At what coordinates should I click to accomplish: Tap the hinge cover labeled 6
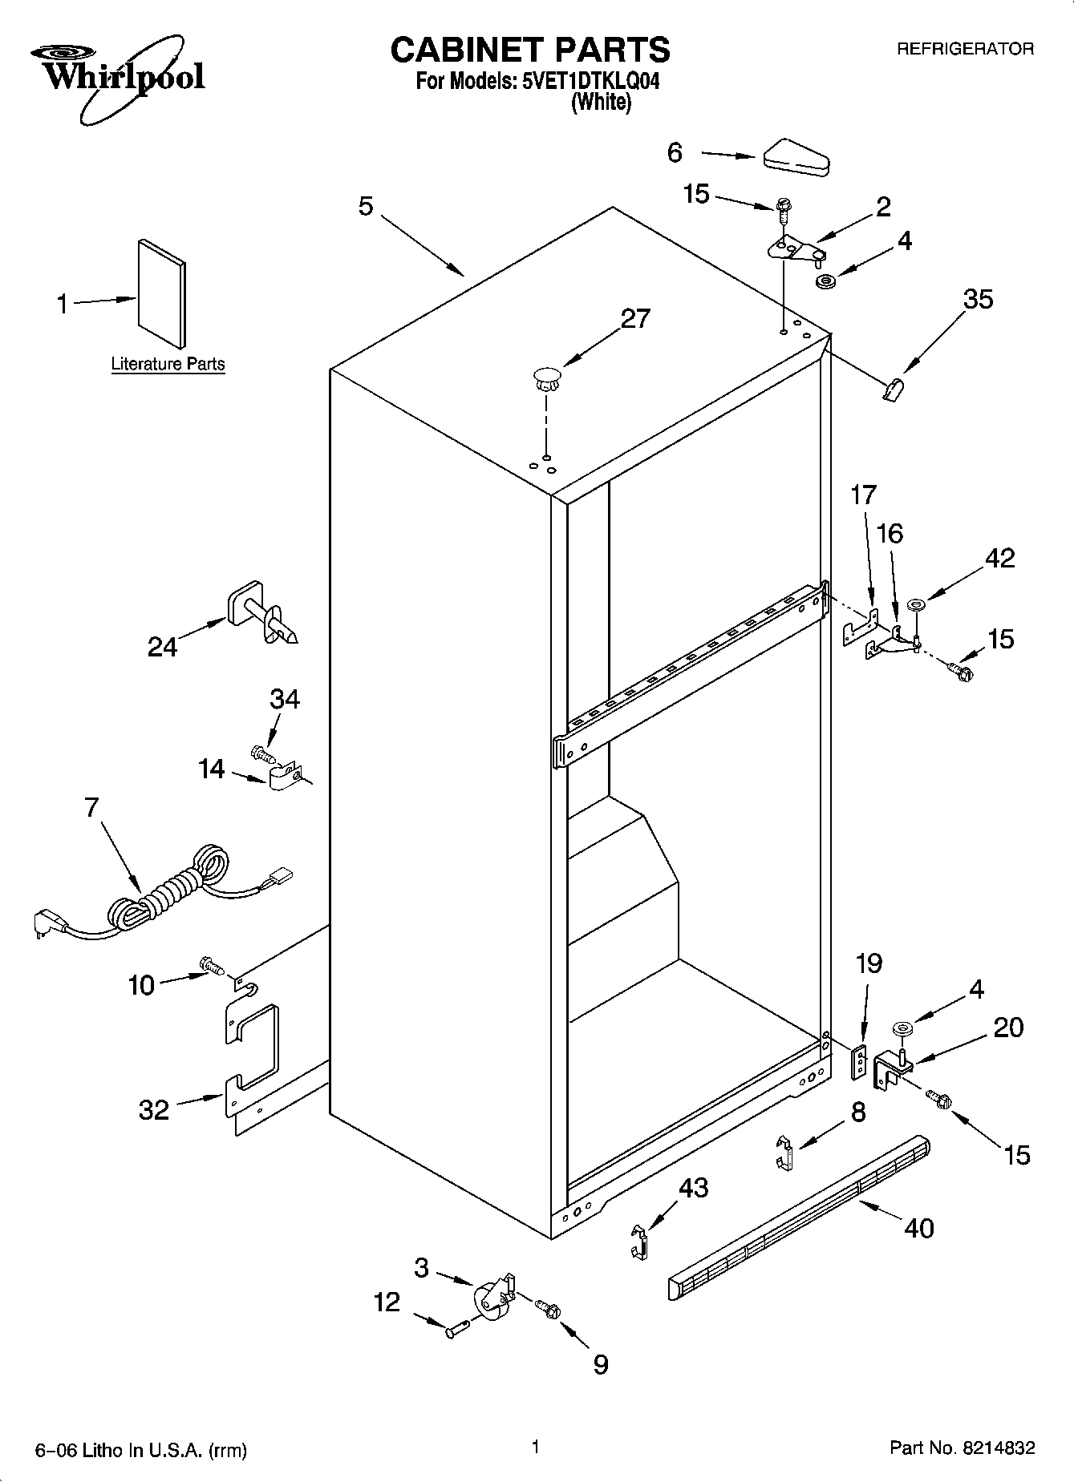(x=797, y=157)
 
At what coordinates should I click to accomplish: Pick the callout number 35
(x=978, y=300)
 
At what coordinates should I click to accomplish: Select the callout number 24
(x=162, y=646)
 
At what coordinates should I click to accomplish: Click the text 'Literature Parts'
(x=168, y=364)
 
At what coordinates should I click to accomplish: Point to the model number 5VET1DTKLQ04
(x=590, y=82)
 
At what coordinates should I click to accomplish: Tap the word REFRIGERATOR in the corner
(x=965, y=49)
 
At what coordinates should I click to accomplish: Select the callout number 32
(x=154, y=1109)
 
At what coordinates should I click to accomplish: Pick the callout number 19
(x=869, y=963)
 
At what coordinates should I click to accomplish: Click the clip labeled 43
(x=638, y=1241)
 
